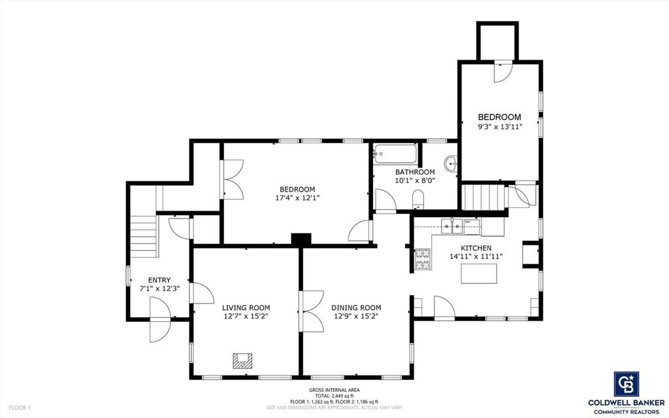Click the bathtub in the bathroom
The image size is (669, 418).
tap(395, 155)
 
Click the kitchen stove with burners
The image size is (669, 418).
tap(422, 260)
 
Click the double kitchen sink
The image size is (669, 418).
tap(451, 226)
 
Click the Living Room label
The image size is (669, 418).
tap(246, 307)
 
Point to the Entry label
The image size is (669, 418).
tap(159, 280)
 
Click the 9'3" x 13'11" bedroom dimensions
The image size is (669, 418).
tap(499, 126)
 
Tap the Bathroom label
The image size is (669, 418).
tap(415, 172)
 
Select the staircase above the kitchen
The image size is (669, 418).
tap(485, 196)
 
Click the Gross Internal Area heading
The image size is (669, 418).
tap(334, 389)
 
